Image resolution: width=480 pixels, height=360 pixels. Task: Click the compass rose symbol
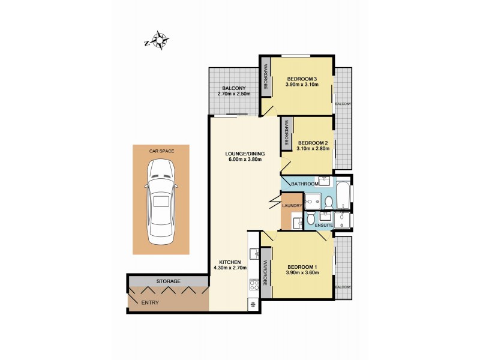tap(160, 40)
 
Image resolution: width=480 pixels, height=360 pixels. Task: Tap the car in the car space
tap(161, 203)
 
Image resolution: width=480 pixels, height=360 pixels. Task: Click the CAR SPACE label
tap(161, 152)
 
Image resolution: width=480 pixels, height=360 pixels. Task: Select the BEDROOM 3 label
tap(302, 79)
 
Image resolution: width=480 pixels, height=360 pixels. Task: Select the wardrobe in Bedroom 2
tap(286, 134)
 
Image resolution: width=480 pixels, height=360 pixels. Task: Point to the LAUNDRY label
tap(291, 206)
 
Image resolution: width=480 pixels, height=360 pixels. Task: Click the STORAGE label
tap(168, 281)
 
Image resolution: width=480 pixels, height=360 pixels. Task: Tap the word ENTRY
tap(150, 302)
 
